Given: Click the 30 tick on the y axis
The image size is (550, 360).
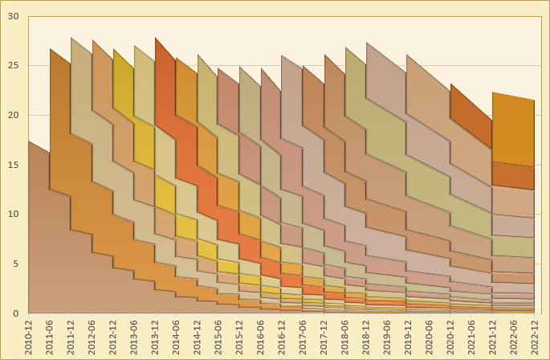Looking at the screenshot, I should [12, 16].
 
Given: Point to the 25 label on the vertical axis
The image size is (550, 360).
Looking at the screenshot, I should [12, 66].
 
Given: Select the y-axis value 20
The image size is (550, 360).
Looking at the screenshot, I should [12, 115].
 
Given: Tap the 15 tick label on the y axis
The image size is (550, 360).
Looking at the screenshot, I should [12, 165].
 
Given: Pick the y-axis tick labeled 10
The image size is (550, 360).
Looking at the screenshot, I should [12, 215].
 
